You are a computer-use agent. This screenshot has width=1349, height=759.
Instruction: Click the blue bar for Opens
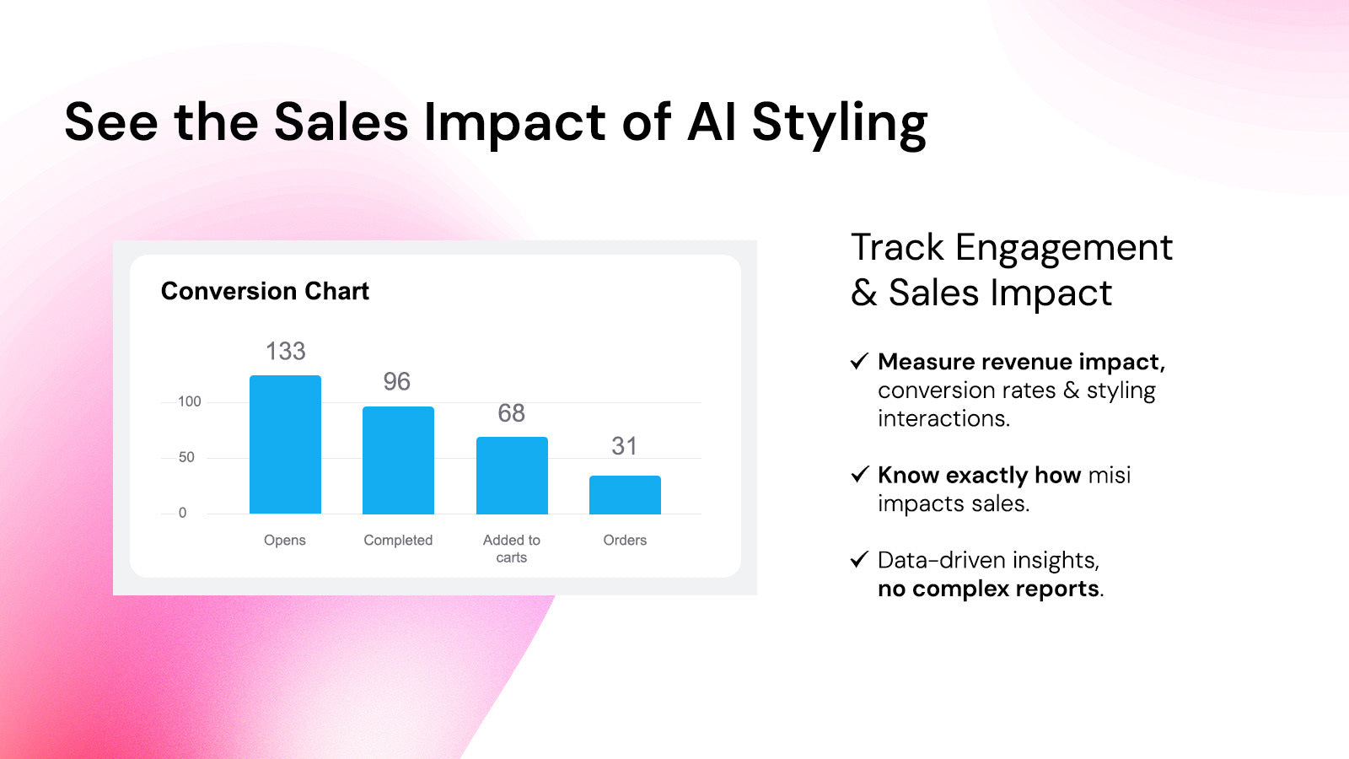tap(285, 444)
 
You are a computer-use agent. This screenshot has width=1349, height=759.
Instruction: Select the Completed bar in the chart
tap(398, 460)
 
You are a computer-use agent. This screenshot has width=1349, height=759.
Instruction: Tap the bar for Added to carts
tap(512, 476)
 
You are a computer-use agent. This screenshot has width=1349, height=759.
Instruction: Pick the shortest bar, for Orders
tap(625, 494)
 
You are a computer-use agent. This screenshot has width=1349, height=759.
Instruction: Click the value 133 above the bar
tap(286, 351)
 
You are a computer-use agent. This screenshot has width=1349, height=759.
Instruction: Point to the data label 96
tap(397, 382)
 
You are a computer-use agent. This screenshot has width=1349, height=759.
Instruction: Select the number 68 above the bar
tap(511, 413)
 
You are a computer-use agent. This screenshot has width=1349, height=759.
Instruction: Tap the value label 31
tap(625, 446)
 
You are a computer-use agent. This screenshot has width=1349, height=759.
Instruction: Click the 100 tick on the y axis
tap(190, 401)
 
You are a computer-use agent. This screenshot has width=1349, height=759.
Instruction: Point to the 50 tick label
tap(186, 457)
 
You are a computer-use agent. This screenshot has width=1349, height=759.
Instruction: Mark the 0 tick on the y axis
tap(182, 513)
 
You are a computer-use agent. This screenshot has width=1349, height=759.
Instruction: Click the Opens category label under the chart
tap(285, 541)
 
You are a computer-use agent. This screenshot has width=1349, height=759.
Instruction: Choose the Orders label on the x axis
tap(625, 541)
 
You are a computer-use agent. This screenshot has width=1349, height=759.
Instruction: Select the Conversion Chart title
tap(265, 291)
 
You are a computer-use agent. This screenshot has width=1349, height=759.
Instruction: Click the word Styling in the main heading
tap(840, 124)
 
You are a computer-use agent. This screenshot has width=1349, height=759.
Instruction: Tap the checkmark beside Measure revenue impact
tap(859, 361)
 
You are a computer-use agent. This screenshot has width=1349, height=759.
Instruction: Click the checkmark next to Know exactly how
tap(859, 474)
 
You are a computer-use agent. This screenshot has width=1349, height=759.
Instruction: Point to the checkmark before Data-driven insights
tap(859, 559)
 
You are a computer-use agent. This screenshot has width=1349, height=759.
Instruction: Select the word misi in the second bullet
tap(1110, 476)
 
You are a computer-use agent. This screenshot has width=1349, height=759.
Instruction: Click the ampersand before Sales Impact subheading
tap(864, 293)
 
